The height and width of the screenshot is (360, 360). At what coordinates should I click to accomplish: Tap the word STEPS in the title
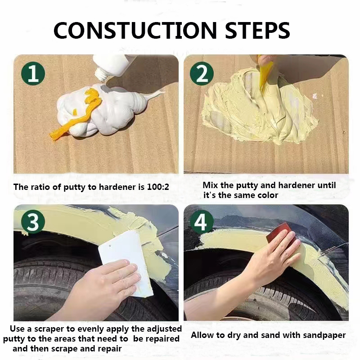pos(257,30)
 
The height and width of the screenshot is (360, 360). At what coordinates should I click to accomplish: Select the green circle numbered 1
pos(33,73)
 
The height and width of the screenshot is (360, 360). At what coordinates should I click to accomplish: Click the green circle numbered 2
pos(202,73)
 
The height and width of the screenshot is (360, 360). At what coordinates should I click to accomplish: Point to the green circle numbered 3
pos(33,221)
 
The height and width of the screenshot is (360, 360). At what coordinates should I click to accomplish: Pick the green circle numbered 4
pos(202,221)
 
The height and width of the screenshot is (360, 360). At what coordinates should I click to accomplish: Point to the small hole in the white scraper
pos(110,246)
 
